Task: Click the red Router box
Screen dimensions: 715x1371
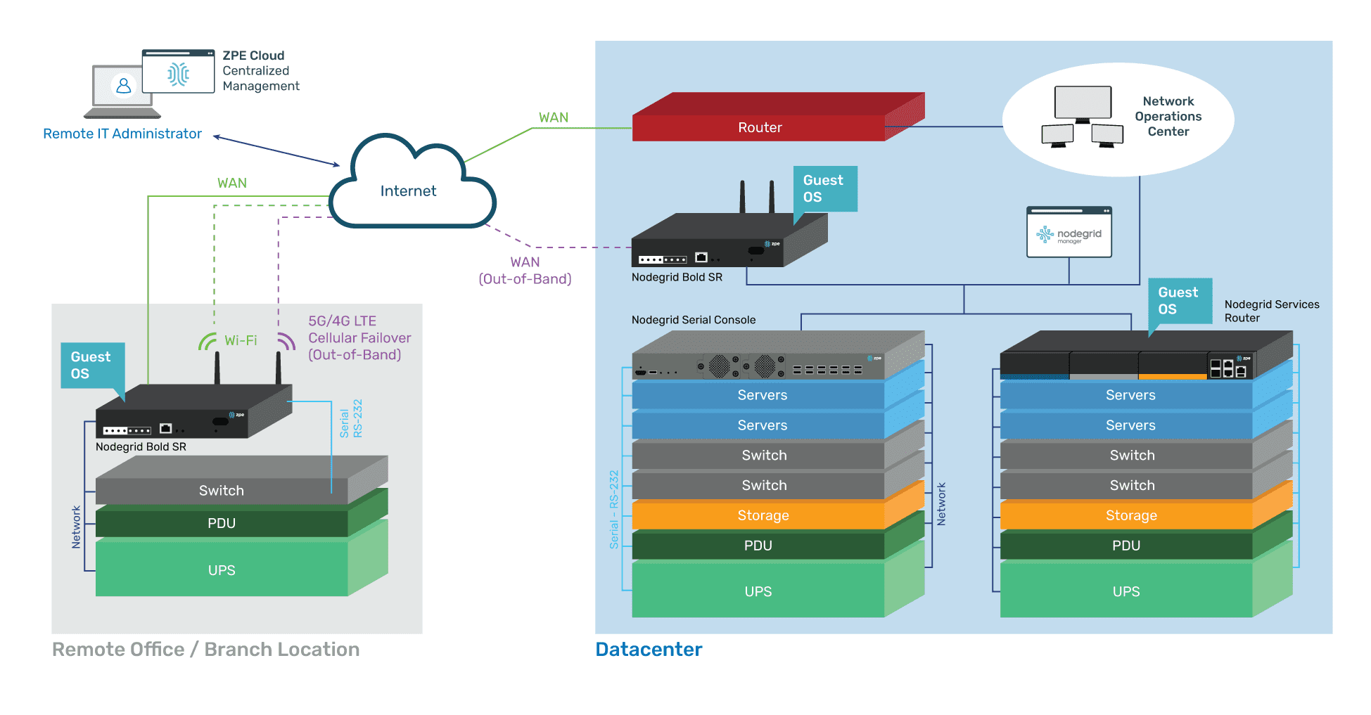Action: point(760,127)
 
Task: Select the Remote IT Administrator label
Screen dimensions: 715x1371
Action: point(122,134)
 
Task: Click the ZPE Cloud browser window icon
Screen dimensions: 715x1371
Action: point(178,72)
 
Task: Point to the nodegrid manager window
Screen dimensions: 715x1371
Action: point(1069,233)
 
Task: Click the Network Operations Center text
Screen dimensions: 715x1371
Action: point(1168,116)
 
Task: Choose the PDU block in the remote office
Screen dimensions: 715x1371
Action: point(222,523)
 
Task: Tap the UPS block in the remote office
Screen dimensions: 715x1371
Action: point(222,570)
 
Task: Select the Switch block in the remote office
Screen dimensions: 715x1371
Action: point(222,491)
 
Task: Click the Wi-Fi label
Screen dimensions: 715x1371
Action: point(241,340)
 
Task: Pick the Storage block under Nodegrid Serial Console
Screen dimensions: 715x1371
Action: point(763,515)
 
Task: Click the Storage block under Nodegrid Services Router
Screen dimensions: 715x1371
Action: point(1130,515)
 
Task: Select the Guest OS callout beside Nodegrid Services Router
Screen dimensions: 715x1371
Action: point(1179,300)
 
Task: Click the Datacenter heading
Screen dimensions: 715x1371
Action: point(649,649)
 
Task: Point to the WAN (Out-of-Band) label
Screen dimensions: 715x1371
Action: point(525,271)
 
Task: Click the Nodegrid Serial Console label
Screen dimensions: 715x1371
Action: point(693,320)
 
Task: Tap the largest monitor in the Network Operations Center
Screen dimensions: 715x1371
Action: point(1083,103)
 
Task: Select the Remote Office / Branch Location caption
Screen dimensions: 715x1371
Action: point(205,649)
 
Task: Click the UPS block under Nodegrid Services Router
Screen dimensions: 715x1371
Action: point(1126,591)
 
